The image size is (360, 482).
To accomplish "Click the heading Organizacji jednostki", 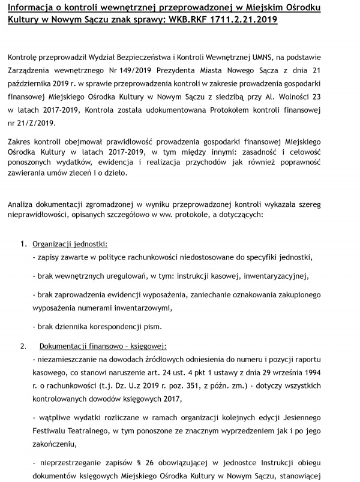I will [x=70, y=244].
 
